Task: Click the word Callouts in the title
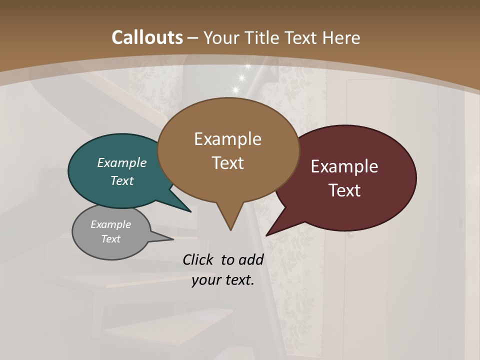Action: pyautogui.click(x=147, y=37)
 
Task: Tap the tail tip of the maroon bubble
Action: pyautogui.click(x=267, y=234)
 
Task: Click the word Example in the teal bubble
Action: pyautogui.click(x=122, y=162)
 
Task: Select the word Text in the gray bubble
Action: pyautogui.click(x=111, y=239)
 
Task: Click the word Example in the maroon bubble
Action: pyautogui.click(x=344, y=166)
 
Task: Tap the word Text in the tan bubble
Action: pyautogui.click(x=228, y=163)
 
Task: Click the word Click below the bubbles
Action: pyautogui.click(x=198, y=259)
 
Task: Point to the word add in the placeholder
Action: pyautogui.click(x=251, y=259)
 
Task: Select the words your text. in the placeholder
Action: pyautogui.click(x=223, y=280)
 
